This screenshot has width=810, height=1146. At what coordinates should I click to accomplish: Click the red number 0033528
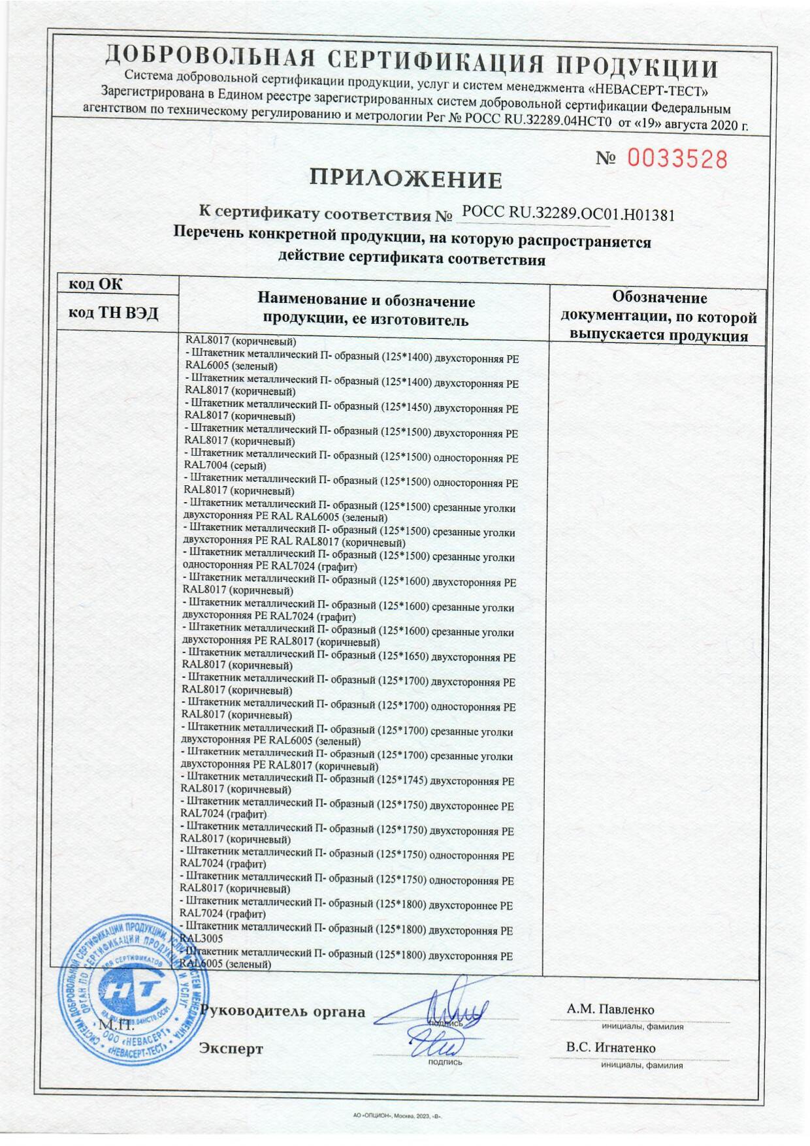click(x=677, y=159)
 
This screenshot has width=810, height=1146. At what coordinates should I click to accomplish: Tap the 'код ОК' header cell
click(x=95, y=284)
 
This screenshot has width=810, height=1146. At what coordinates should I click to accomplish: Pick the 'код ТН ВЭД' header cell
click(x=114, y=313)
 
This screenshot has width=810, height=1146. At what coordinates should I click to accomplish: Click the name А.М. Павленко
click(x=611, y=1009)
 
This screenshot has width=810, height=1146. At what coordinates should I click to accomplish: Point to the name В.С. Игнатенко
click(x=611, y=1047)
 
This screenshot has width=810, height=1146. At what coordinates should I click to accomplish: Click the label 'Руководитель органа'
click(x=283, y=1011)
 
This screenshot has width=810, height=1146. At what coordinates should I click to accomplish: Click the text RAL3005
click(x=196, y=938)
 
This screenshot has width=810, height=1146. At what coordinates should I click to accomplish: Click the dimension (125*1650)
click(x=403, y=657)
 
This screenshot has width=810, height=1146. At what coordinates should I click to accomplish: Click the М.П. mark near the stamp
click(x=112, y=1024)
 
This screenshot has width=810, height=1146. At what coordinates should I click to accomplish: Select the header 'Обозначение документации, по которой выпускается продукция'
click(x=658, y=317)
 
